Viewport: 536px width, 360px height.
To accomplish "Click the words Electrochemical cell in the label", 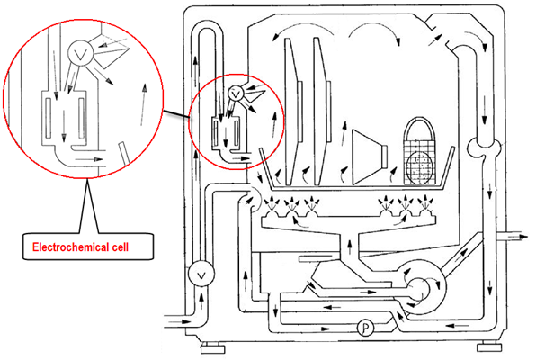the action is [x=80, y=247].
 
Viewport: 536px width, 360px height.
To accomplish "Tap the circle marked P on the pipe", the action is [x=365, y=328].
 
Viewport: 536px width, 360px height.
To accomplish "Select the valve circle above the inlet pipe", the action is [x=201, y=274].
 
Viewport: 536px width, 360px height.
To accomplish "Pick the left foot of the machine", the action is [x=212, y=349].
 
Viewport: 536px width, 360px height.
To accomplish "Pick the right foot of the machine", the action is [x=489, y=347].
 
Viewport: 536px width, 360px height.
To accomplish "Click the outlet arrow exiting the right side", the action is [x=512, y=237].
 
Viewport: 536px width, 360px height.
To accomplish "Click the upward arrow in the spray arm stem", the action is [x=349, y=247].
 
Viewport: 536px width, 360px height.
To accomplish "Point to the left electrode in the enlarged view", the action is [x=49, y=118].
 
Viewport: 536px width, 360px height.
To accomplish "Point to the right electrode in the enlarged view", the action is [x=81, y=118].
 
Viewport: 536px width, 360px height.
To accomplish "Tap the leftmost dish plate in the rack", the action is [x=292, y=112].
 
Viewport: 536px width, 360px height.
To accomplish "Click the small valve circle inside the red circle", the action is [x=236, y=93].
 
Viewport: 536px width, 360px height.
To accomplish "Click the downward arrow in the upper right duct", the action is [x=484, y=111].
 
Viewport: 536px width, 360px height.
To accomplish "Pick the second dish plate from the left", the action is [x=322, y=112].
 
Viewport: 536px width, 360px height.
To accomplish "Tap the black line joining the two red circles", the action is [x=176, y=114].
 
